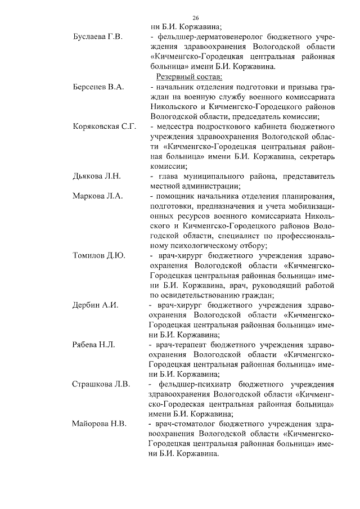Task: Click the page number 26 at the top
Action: (180, 18)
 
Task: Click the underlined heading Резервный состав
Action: (183, 76)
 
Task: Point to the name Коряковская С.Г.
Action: (105, 127)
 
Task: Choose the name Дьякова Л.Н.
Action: (97, 177)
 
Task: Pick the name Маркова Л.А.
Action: (98, 196)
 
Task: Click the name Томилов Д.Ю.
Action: (99, 256)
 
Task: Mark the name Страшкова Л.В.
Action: (101, 385)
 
